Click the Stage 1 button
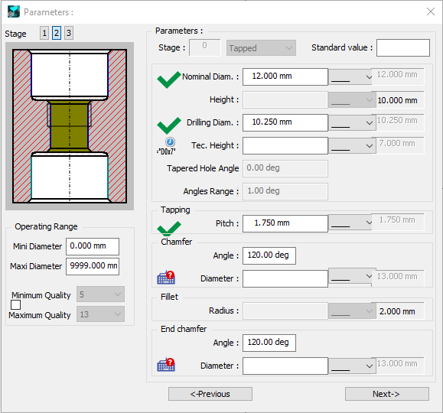tap(44, 33)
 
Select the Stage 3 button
tap(69, 33)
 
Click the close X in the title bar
tap(431, 12)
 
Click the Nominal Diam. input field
tap(285, 76)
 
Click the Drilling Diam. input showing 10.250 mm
tap(285, 122)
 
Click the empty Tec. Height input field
tap(285, 146)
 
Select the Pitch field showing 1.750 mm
tap(285, 224)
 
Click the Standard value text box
tap(403, 47)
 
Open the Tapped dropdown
tap(261, 48)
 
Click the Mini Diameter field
tap(93, 246)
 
